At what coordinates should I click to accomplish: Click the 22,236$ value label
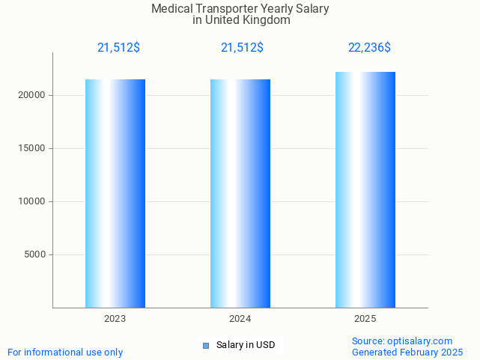[369, 48]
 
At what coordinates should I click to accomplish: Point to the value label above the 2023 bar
[118, 48]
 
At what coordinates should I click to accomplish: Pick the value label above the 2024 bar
[242, 48]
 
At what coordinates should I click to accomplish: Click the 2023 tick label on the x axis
[115, 319]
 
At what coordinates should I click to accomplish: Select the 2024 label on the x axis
[240, 319]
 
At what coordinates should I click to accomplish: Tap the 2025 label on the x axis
[365, 319]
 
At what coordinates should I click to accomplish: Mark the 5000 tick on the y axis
[34, 254]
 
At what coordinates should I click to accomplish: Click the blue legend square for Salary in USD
[206, 345]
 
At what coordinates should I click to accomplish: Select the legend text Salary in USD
[246, 345]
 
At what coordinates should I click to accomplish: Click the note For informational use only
[65, 352]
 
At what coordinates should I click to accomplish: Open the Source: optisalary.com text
[402, 341]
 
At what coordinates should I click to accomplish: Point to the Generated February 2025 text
[407, 352]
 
